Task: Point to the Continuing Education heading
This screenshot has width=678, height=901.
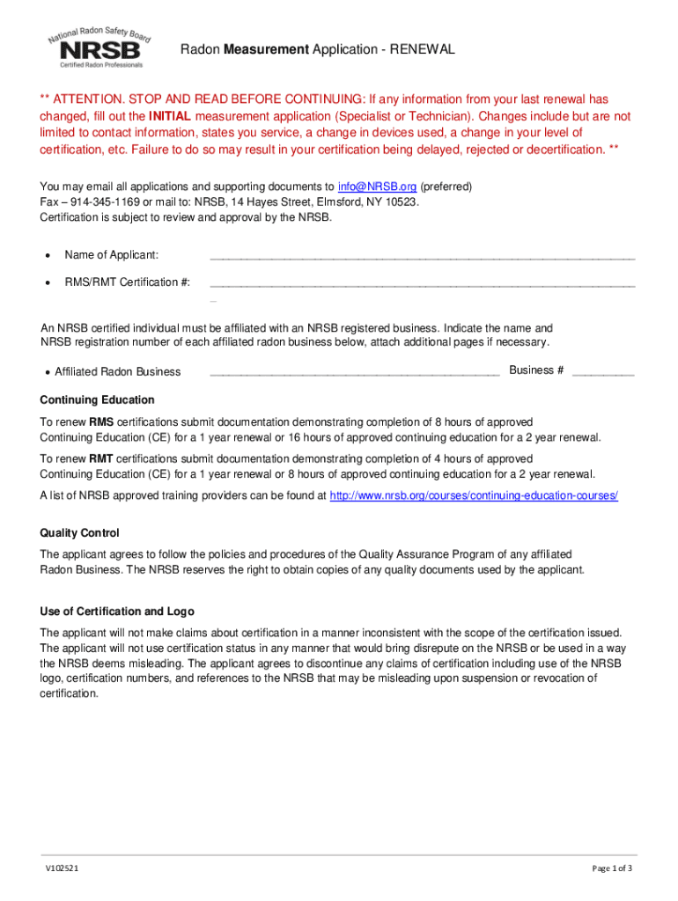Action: point(97,399)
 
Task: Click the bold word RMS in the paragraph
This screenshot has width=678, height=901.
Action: point(101,422)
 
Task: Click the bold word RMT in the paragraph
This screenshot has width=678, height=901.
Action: point(101,459)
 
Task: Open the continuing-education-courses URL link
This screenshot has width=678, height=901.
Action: point(473,496)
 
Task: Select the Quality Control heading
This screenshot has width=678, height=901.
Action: point(79,533)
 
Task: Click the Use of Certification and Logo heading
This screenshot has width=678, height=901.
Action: point(117,612)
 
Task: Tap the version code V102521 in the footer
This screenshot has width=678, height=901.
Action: point(64,868)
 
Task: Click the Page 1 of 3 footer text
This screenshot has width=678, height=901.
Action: point(612,868)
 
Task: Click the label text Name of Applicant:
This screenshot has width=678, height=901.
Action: point(112,255)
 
